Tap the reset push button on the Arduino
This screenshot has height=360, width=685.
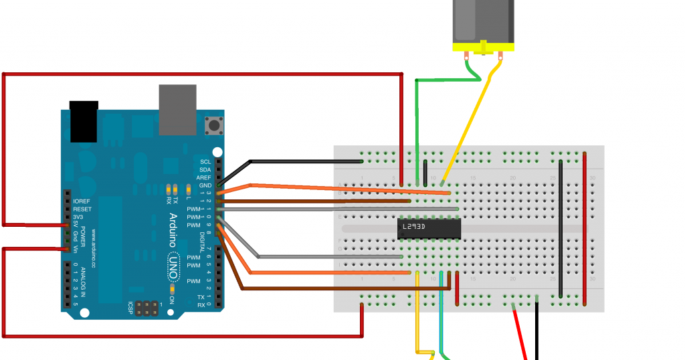click(214, 125)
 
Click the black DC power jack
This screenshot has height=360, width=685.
click(84, 121)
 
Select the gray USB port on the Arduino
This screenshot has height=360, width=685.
click(178, 109)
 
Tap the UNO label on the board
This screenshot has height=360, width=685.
click(173, 264)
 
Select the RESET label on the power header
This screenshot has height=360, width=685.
click(82, 209)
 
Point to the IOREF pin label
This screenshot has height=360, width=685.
click(82, 201)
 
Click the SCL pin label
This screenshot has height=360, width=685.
click(205, 162)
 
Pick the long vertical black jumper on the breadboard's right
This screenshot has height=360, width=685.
click(561, 228)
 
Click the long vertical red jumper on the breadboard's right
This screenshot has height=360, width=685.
click(585, 228)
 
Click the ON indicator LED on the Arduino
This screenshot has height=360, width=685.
click(173, 289)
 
